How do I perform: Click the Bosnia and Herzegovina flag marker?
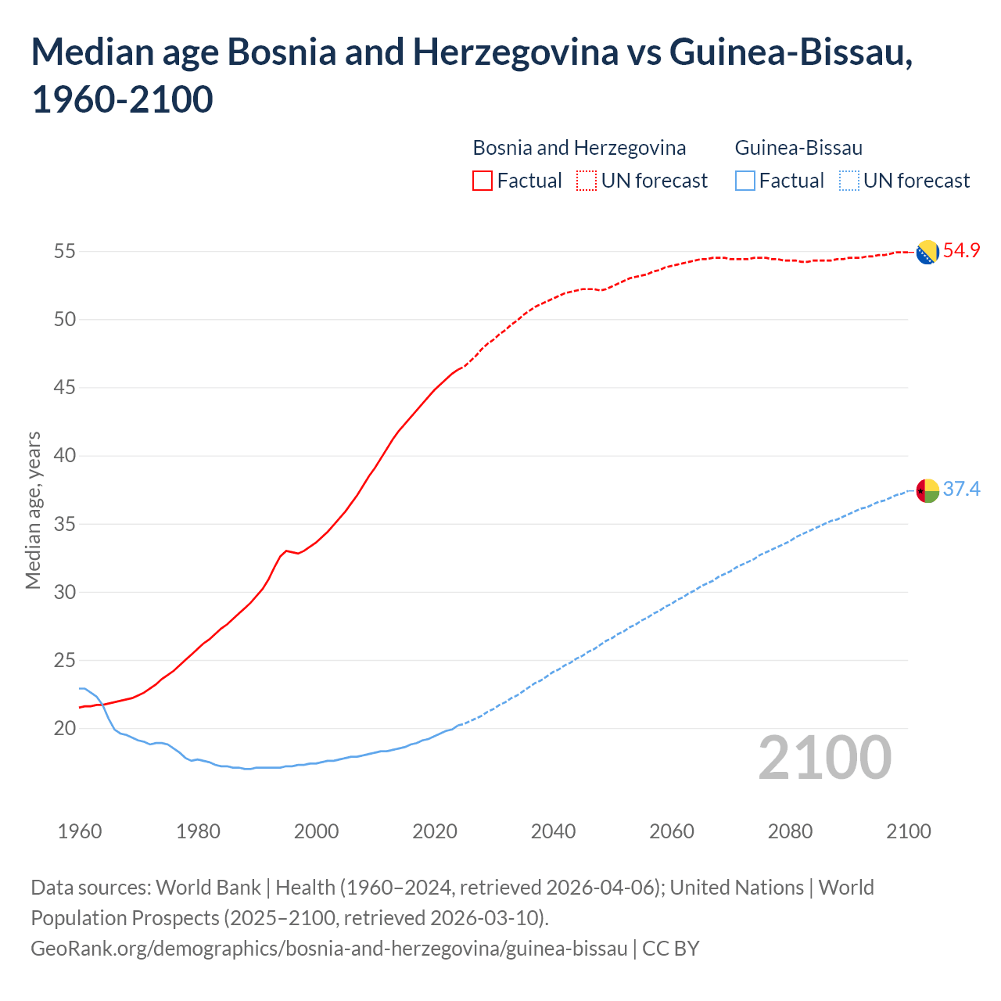pos(927,253)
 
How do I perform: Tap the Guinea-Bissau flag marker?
pos(927,490)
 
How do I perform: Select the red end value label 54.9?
pos(961,251)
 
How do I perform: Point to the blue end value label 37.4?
pos(961,490)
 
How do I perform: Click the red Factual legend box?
pos(483,181)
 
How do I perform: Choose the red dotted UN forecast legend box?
pos(587,181)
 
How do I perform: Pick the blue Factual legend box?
pos(745,181)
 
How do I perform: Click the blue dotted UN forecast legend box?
pos(849,181)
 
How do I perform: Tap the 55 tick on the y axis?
pos(64,252)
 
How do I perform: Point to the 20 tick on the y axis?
pos(64,729)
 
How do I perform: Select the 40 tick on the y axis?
pos(64,456)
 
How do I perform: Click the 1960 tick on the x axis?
pos(80,831)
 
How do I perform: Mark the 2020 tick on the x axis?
pos(435,831)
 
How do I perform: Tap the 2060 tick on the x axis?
pos(672,831)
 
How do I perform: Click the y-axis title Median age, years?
pos(33,510)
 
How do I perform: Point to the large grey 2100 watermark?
pos(824,758)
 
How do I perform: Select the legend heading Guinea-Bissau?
pos(798,148)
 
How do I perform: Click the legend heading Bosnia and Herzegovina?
pos(579,148)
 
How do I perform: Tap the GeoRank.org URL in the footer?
pos(329,949)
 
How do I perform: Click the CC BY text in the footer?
pos(671,949)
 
